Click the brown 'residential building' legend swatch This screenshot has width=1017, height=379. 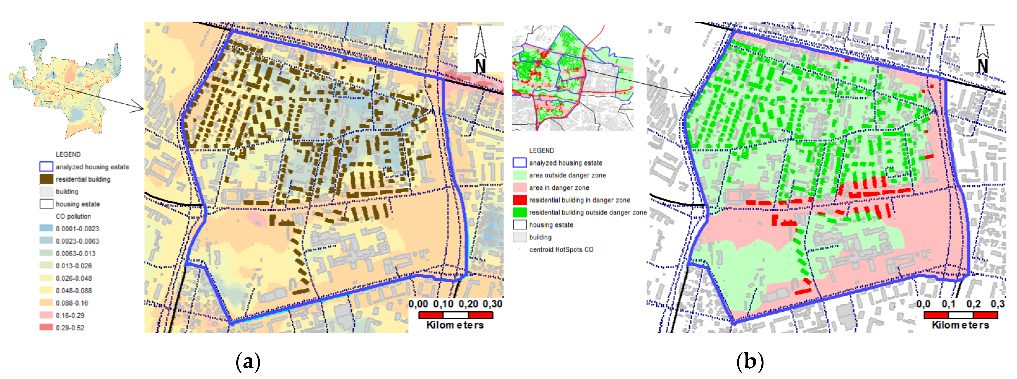tap(46, 179)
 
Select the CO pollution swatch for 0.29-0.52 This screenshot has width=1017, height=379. tap(46, 327)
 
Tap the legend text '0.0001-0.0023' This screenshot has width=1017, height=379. tap(77, 229)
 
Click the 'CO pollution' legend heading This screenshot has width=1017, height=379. tap(73, 216)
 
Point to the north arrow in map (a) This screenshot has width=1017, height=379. tap(480, 49)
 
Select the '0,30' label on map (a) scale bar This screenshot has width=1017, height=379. tap(492, 304)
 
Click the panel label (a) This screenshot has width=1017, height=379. tap(248, 361)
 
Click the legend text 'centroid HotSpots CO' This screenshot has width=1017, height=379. tap(561, 250)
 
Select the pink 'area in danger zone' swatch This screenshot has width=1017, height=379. tap(520, 187)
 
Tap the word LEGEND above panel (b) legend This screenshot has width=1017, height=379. tap(541, 150)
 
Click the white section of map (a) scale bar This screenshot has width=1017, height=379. tap(455, 315)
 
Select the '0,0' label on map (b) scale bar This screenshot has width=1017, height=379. tap(923, 304)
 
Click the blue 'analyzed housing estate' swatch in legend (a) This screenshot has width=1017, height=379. tap(46, 166)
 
